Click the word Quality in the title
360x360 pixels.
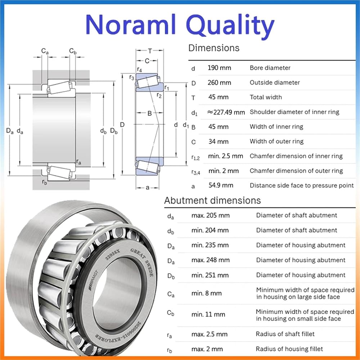pos(230,25)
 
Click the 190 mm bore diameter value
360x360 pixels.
pos(219,68)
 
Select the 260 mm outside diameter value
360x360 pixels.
pos(219,83)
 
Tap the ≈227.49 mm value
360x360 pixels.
pos(226,112)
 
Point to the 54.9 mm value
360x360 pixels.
pos(221,185)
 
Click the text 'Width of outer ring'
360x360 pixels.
pos(276,141)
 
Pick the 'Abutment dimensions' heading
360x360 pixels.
pos(212,201)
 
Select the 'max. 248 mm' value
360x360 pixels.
pos(211,260)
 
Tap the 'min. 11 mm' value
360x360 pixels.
pos(208,314)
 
